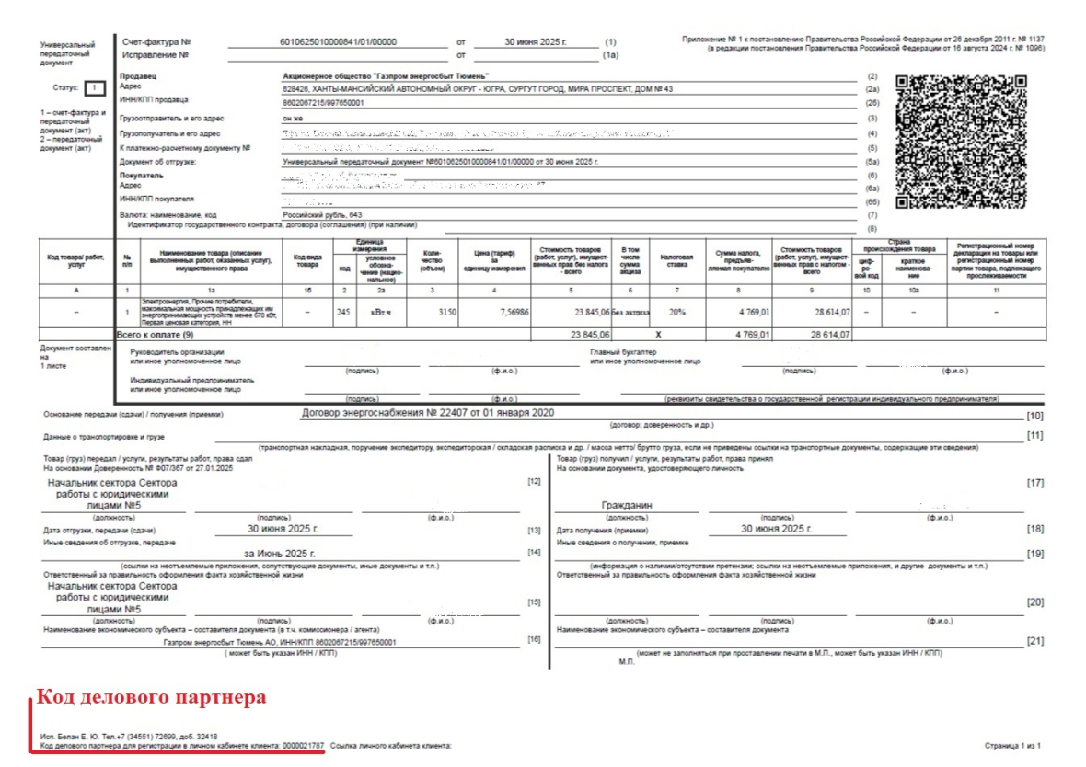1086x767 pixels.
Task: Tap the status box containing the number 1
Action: click(95, 88)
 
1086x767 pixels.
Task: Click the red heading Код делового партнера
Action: click(151, 697)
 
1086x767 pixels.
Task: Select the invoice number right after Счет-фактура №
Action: click(338, 42)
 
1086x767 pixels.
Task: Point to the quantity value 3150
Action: click(445, 312)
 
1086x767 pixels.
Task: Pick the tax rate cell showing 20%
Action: click(676, 312)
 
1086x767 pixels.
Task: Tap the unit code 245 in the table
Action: click(344, 312)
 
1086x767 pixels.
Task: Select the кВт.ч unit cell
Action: click(380, 313)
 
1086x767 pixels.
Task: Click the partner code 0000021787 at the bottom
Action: click(303, 745)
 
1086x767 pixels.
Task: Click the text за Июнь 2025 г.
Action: click(279, 554)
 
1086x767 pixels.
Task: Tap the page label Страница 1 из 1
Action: click(1011, 746)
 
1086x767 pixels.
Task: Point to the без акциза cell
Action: click(630, 313)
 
